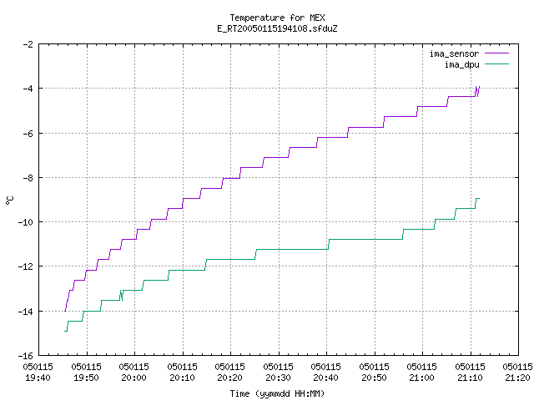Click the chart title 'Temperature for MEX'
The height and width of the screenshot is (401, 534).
tap(277, 18)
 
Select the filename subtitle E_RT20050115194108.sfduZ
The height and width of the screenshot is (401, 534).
tap(277, 28)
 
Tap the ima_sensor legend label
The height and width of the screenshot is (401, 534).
tap(454, 53)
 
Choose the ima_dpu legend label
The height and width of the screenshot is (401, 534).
tap(461, 64)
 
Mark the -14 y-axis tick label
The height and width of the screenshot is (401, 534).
tap(26, 312)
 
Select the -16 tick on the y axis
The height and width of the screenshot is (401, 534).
tap(26, 356)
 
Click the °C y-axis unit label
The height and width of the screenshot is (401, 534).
tap(9, 200)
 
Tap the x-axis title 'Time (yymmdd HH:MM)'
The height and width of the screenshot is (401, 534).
tap(277, 393)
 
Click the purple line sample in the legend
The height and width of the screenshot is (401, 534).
tap(496, 53)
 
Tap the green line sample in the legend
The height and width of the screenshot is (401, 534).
tap(496, 63)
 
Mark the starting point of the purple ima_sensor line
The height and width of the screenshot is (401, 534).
tap(65, 311)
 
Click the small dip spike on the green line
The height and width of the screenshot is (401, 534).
tap(122, 295)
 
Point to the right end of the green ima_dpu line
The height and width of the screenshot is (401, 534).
tap(479, 199)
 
